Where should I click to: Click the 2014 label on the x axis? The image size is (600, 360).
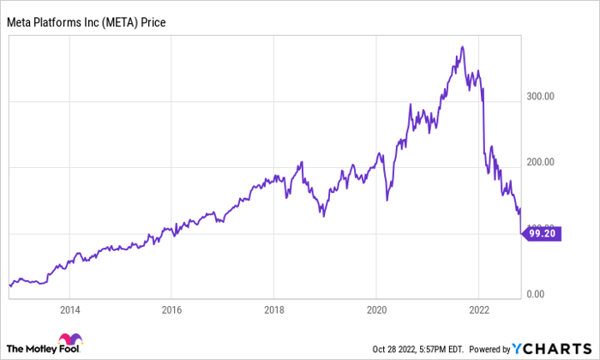tap(70, 310)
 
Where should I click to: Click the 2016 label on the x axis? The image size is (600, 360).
tap(172, 310)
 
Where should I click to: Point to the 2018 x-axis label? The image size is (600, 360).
tap(274, 310)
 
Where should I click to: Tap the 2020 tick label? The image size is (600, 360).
tap(377, 310)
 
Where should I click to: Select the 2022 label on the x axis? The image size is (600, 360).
tap(479, 310)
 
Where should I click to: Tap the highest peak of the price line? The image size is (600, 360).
tap(463, 46)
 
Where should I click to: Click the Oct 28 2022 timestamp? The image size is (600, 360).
tap(417, 348)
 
